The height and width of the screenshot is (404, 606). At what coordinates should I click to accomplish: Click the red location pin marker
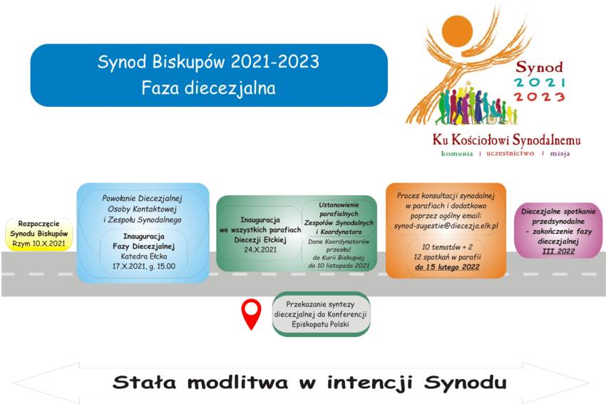point(251,314)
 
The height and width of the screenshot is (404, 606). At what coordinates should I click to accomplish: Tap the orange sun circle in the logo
point(457,31)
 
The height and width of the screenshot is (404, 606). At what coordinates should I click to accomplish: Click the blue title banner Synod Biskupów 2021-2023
point(209,75)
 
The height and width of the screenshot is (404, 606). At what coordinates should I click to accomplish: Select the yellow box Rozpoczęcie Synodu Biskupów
point(38,234)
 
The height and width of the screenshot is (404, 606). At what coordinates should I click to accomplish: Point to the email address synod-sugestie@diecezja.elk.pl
point(446,226)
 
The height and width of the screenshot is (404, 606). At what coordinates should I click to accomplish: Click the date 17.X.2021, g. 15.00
point(144,266)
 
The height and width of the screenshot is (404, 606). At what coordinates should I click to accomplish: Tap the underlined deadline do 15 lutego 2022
point(447,267)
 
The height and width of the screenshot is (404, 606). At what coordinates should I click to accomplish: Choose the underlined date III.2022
point(558,252)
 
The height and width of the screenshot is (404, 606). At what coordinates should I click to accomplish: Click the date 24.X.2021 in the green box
point(260,249)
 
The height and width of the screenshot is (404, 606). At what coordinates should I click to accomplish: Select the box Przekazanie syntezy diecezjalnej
point(321,314)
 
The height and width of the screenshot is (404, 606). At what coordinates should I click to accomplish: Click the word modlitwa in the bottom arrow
point(237,383)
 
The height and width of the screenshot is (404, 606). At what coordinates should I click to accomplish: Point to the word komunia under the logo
point(457,153)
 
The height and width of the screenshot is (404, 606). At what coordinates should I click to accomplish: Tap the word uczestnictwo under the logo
point(510,153)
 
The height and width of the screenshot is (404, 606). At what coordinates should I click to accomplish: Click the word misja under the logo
point(560,154)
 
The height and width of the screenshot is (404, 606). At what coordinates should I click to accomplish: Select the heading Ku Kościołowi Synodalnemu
point(506,140)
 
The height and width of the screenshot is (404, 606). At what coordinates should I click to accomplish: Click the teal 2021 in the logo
point(539,82)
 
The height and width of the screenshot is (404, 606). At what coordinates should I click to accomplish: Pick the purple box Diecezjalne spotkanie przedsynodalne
point(558,231)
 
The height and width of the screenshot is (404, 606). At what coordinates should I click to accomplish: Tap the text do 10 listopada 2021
point(339,265)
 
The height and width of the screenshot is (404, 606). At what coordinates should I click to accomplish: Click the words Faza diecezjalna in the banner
point(209,88)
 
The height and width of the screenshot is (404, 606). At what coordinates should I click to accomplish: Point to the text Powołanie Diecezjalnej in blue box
point(142,199)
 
